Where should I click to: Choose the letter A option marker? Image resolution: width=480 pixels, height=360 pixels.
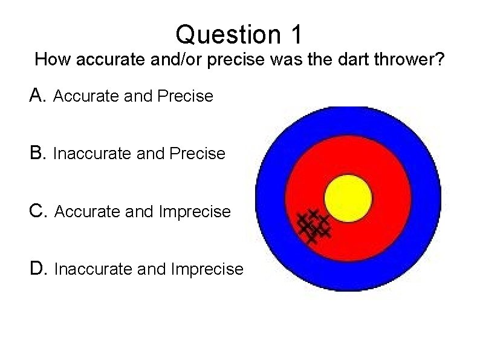37,96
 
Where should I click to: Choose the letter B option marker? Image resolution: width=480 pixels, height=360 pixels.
37,153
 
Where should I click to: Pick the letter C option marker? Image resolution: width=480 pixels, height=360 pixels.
37,211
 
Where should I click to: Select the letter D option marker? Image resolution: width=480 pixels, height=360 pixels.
37,269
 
